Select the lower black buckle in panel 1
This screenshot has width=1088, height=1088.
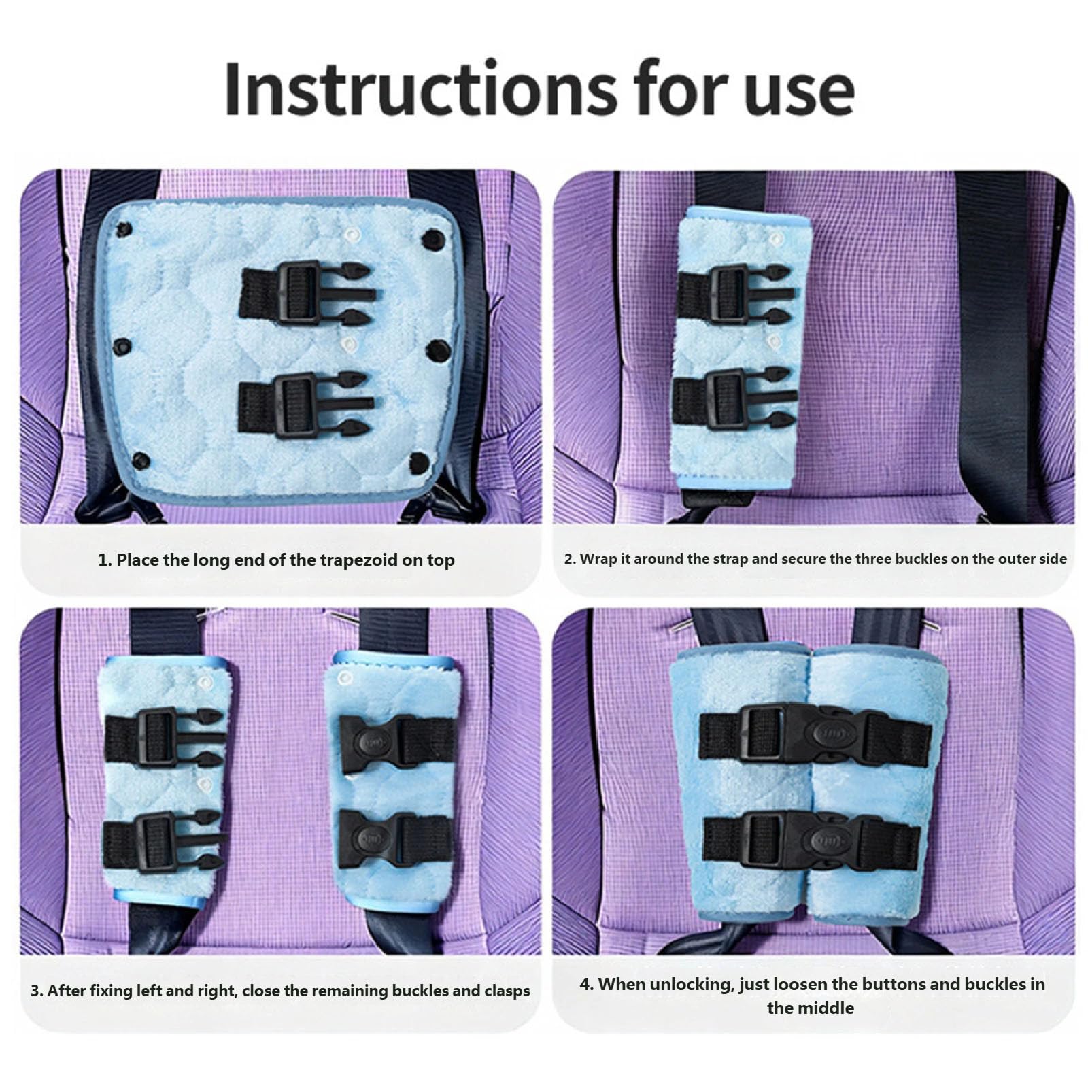tap(306, 405)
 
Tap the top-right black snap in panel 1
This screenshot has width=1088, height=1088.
tap(433, 239)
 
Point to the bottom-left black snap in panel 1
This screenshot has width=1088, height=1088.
tap(141, 460)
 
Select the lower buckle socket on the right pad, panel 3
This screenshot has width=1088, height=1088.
tap(395, 838)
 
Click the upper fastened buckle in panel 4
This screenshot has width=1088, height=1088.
tap(815, 735)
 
